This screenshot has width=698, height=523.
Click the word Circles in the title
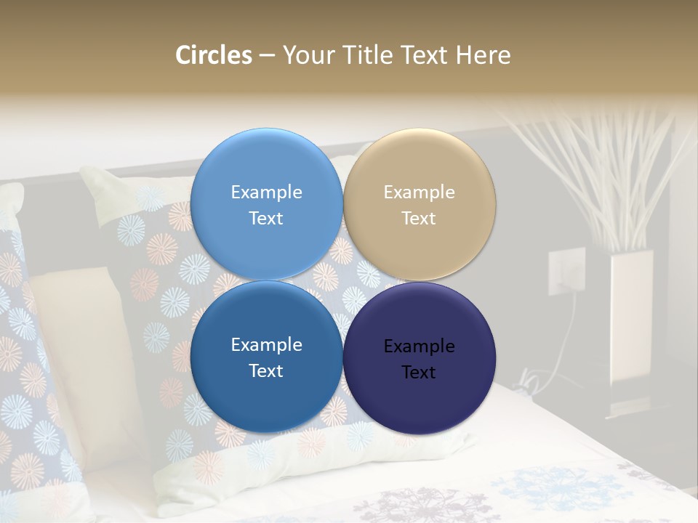tap(214, 55)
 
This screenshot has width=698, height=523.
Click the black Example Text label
tap(419, 359)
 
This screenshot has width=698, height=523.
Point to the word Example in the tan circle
tap(419, 192)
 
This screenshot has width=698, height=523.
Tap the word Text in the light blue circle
tap(266, 219)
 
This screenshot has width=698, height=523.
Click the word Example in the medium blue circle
tap(266, 345)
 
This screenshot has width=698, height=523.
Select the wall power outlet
tap(566, 271)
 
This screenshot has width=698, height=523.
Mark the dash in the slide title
tap(267, 56)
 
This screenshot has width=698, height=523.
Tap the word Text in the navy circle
tap(419, 373)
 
